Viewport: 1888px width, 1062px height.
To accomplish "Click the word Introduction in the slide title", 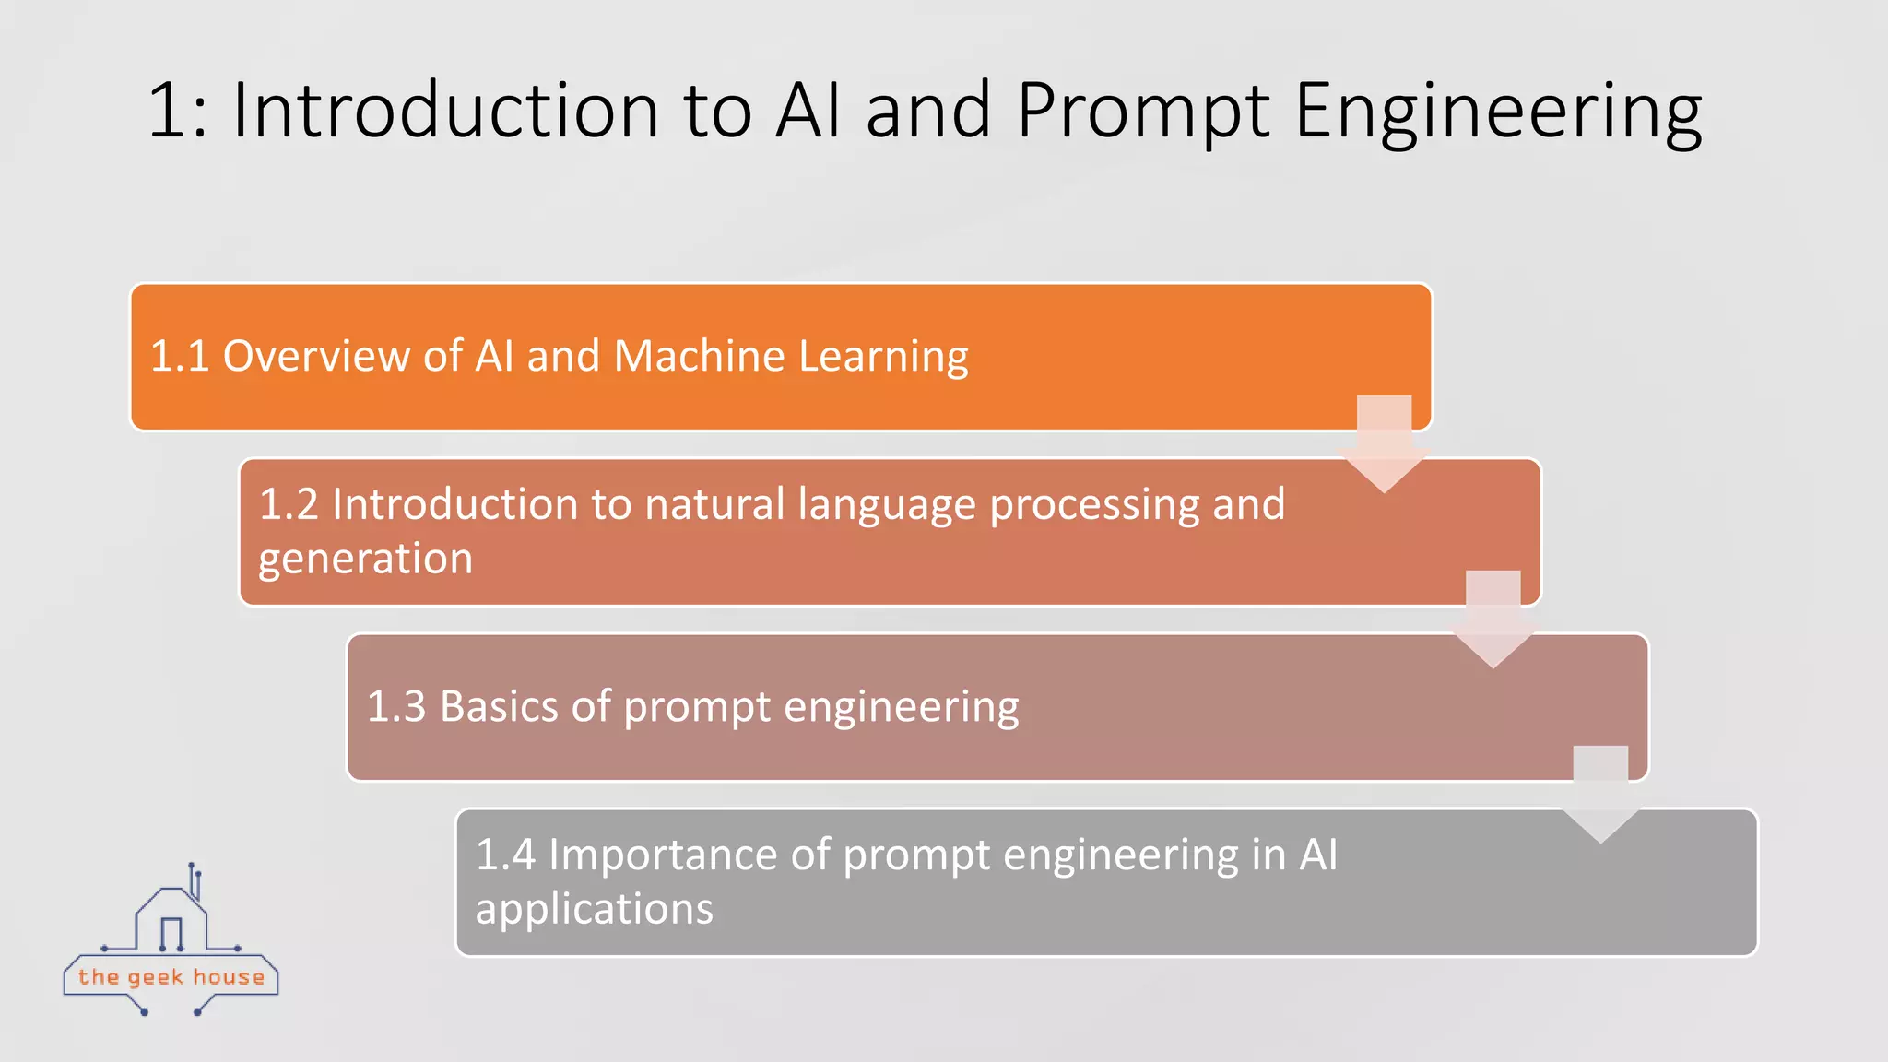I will (445, 111).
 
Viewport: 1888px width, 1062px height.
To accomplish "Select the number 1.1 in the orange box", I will (180, 356).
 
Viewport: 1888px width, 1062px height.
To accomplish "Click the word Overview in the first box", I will (316, 356).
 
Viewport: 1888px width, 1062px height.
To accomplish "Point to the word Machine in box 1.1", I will (700, 356).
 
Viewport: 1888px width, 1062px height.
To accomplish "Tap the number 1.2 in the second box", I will (289, 504).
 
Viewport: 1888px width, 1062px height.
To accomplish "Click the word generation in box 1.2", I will (365, 560).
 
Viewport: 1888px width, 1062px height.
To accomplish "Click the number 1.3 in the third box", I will (396, 707).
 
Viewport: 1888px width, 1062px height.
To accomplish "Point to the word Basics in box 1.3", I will (499, 707).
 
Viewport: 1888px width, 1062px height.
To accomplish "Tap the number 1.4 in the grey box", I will (505, 855).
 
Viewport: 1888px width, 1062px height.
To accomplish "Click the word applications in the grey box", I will (594, 910).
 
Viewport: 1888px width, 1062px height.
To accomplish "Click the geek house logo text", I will (171, 977).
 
